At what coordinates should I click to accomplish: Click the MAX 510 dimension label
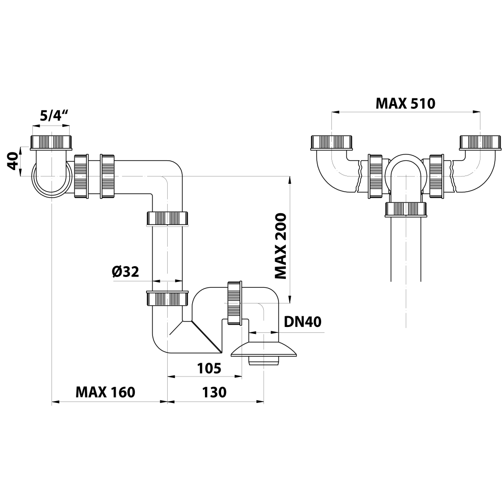coord(405,103)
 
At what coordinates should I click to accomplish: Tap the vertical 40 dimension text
coord(13,161)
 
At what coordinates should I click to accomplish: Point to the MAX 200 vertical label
coord(280,246)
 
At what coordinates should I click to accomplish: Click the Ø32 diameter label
coord(125,271)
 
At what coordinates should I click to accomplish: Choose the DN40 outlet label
coord(302,322)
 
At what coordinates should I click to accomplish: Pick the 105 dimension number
coord(209,368)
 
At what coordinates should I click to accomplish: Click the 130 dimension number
coord(214,393)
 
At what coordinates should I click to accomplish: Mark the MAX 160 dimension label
coord(105,393)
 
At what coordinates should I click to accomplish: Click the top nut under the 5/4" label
coord(52,142)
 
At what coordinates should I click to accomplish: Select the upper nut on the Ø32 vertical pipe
coord(168,218)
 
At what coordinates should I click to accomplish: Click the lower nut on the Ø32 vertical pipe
coord(168,298)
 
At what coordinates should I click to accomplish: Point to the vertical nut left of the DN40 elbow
coord(235,302)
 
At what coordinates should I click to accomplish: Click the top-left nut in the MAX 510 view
coord(332,142)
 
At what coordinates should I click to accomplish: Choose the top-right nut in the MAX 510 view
coord(480,142)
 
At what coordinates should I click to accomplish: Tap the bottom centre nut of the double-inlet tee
coord(406,209)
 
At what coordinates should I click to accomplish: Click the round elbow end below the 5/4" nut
coord(50,181)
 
